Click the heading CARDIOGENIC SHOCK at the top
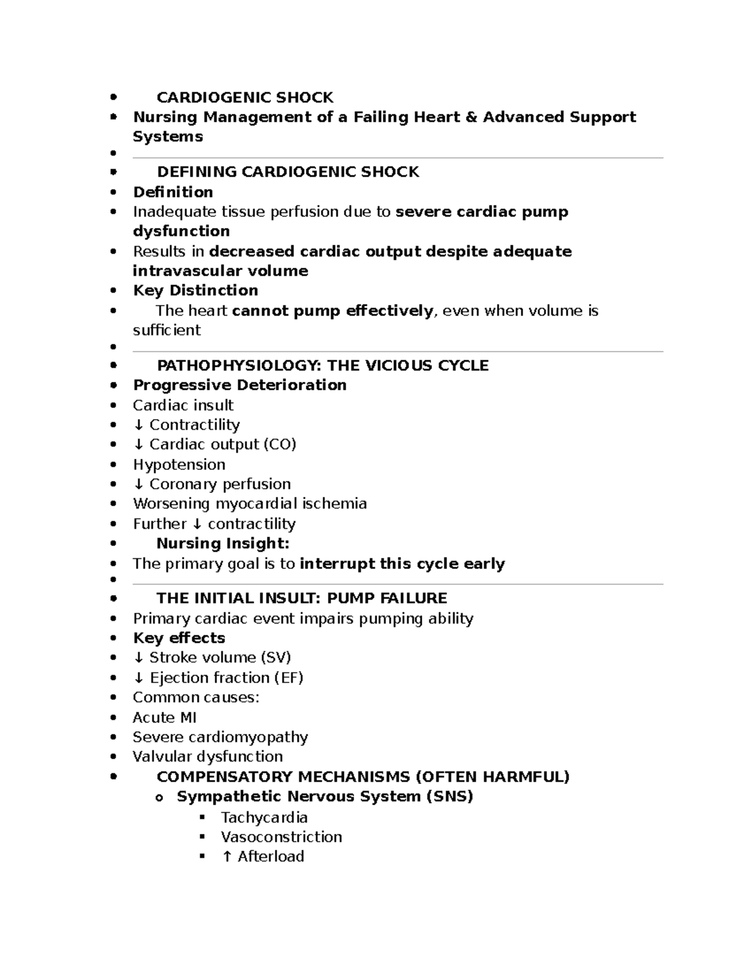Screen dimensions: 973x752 tap(244, 97)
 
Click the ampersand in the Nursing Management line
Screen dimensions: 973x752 tap(471, 117)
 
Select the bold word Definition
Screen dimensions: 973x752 tap(173, 192)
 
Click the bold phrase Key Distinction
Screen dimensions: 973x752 tap(196, 290)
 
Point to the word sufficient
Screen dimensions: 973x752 tap(167, 330)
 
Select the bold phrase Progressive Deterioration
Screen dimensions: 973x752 tap(239, 385)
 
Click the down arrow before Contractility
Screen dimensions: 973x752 tap(138, 425)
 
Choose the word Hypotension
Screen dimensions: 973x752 tap(179, 464)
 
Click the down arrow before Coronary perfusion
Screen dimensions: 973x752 tap(138, 484)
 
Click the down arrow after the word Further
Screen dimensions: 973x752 tap(197, 524)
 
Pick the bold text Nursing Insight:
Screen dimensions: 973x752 tap(222, 543)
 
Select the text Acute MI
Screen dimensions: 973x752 tap(165, 717)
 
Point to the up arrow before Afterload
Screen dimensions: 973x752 tap(227, 856)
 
